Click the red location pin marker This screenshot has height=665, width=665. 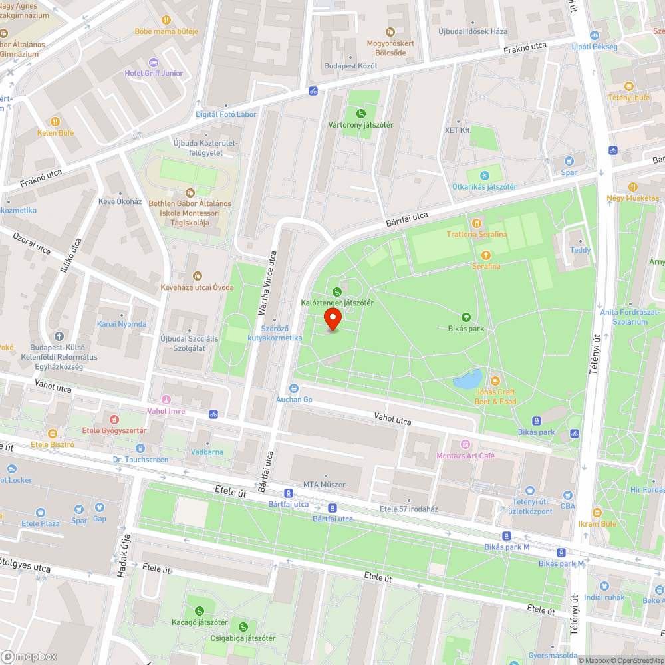point(332,320)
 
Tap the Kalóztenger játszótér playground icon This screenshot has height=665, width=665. point(336,291)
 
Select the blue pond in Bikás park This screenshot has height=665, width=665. point(467,380)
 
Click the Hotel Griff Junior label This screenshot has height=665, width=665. point(154,73)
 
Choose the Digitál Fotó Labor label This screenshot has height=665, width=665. point(225,114)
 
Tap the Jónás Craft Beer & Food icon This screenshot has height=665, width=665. point(495,381)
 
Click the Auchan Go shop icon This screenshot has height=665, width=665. point(294,388)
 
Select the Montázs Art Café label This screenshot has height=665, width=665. point(465,456)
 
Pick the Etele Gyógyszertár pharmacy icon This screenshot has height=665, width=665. point(114,420)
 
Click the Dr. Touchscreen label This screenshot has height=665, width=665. point(140,460)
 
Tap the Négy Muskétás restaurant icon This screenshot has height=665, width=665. point(632,187)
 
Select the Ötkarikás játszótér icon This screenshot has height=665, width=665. point(485,175)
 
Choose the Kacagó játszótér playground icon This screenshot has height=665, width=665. point(199,610)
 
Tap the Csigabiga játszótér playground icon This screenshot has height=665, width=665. point(244,626)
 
